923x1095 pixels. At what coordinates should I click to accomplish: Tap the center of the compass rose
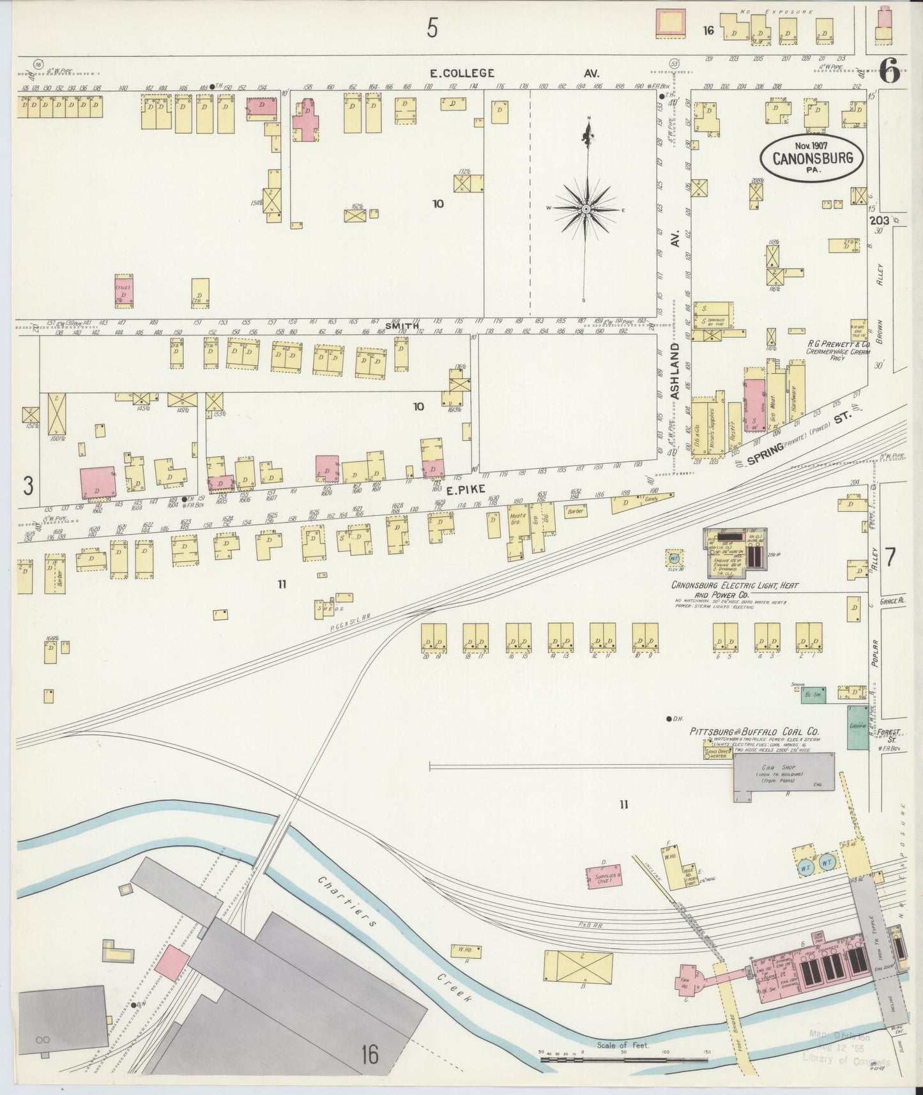click(x=586, y=209)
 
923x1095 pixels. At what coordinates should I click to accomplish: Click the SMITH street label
click(x=406, y=326)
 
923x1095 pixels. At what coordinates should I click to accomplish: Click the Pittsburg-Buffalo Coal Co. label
click(x=754, y=731)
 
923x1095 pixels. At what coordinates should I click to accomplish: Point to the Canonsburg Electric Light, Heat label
click(x=735, y=585)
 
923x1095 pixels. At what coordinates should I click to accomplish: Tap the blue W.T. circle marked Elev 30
click(x=673, y=557)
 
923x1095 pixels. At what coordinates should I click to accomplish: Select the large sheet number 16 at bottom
click(x=369, y=1055)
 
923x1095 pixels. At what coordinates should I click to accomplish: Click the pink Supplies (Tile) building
click(x=604, y=877)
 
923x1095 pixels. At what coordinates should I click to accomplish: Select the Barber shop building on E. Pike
click(x=576, y=511)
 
